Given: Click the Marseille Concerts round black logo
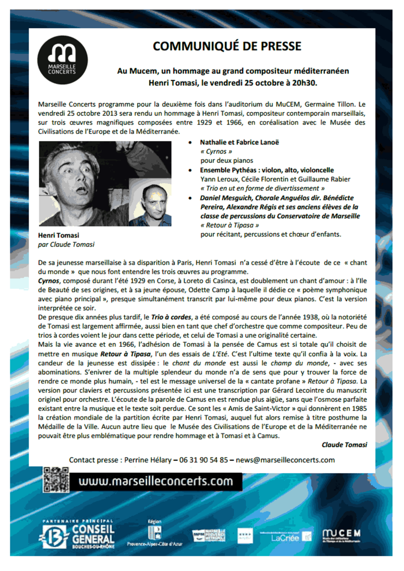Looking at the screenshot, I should (x=63, y=60).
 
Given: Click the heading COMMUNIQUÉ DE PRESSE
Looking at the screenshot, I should (x=227, y=46).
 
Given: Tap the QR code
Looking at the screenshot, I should (x=56, y=480).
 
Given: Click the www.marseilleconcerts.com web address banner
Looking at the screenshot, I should (x=156, y=481).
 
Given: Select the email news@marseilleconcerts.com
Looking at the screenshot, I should (x=285, y=460).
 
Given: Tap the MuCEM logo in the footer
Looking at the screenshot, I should (x=341, y=536).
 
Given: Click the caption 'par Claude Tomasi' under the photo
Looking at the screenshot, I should (x=66, y=244).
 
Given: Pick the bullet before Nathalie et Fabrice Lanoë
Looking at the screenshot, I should (x=190, y=143).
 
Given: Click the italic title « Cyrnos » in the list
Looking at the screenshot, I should (x=216, y=152).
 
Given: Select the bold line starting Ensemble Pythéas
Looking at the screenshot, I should (x=267, y=170).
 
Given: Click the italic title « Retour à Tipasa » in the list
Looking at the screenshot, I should (x=230, y=225).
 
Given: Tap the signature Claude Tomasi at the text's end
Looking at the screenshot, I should (x=344, y=445).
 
